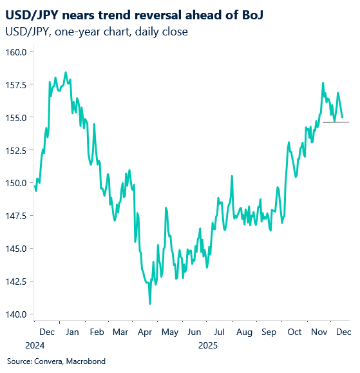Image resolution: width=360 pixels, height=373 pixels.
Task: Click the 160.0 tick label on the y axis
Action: (15, 52)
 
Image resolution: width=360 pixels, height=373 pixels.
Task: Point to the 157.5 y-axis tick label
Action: (15, 84)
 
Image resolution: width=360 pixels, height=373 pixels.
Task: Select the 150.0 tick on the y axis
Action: (15, 183)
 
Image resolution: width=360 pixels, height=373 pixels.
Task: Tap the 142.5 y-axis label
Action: (15, 282)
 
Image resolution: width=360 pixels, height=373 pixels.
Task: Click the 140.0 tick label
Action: (15, 314)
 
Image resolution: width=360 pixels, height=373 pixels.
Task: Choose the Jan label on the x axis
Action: (72, 332)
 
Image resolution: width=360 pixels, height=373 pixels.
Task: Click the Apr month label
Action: (145, 332)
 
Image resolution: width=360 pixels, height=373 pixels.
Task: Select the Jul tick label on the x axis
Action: (220, 332)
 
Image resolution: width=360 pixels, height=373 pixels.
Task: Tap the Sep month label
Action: (269, 332)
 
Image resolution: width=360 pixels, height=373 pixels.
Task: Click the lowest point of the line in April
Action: (150, 303)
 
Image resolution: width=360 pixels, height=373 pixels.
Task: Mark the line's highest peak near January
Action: (66, 72)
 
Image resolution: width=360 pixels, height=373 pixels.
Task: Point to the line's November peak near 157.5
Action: (323, 82)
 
